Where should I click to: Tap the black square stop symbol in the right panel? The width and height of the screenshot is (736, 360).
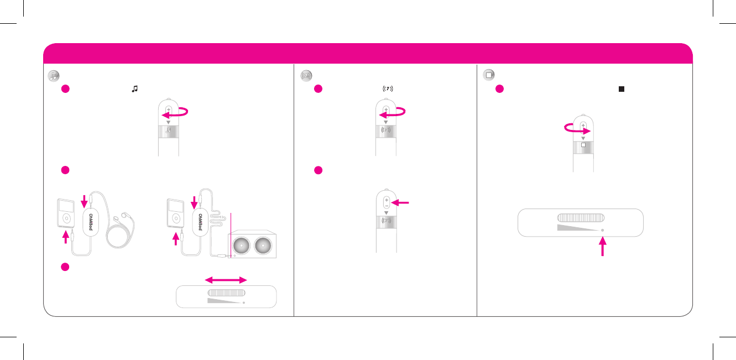(x=622, y=89)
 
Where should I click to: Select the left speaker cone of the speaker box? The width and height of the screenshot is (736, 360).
(x=242, y=244)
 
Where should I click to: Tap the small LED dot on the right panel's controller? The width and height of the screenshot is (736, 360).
(x=602, y=229)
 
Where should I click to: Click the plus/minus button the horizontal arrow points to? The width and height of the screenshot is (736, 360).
(x=386, y=202)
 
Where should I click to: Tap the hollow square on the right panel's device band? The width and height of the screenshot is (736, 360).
(x=583, y=146)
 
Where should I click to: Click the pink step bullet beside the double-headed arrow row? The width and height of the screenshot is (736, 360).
(x=64, y=266)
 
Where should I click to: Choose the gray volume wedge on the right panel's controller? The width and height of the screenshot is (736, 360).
(x=577, y=227)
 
